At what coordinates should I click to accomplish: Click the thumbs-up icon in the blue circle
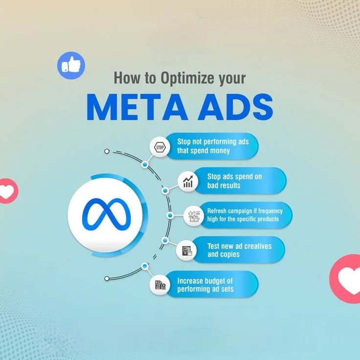71,65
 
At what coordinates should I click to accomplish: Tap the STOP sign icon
159,147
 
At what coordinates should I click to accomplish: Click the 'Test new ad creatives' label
238,249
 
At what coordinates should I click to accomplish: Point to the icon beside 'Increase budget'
160,285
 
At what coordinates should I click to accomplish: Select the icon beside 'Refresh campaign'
193,215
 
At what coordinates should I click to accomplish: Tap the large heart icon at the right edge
348,280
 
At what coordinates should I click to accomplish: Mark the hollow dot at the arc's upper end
107,152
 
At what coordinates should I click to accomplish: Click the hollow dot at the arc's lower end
107,278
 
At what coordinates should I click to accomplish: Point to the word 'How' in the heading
123,78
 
